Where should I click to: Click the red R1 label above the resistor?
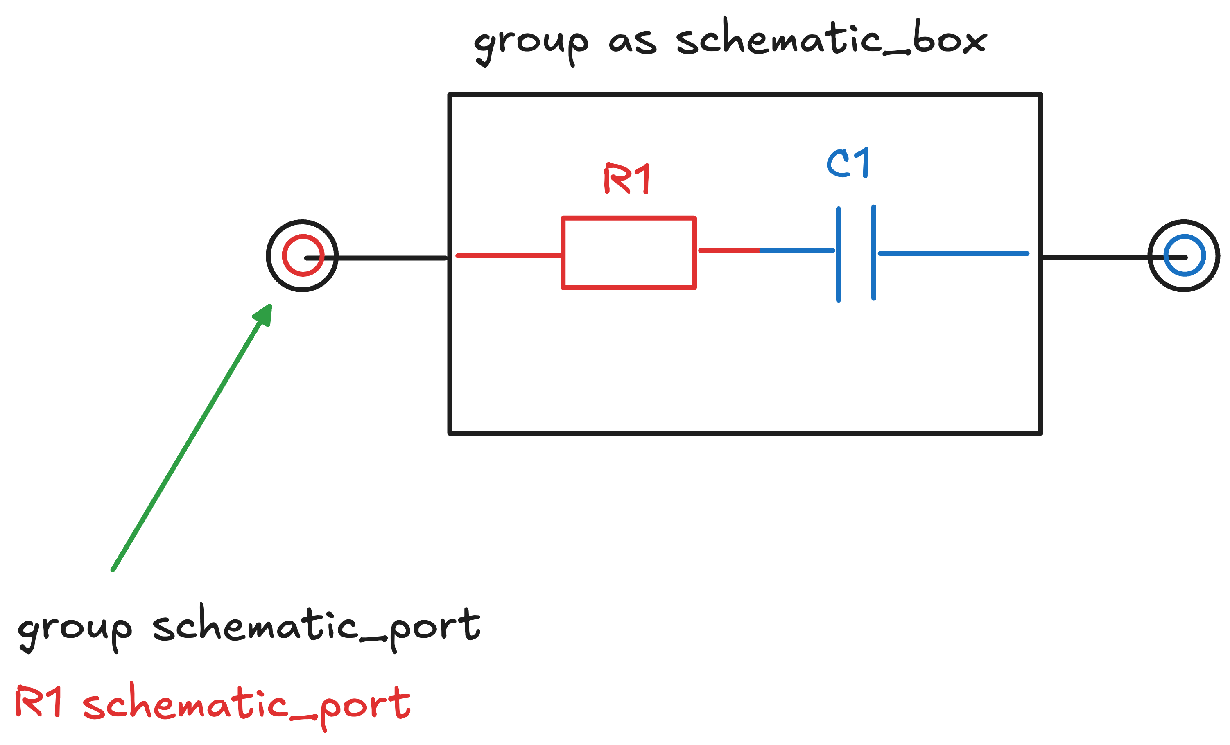(x=626, y=178)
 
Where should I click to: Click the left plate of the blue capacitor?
(x=838, y=255)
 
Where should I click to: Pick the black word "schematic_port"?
(x=316, y=627)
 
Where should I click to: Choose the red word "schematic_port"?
(x=246, y=704)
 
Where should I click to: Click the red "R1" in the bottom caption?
(x=39, y=702)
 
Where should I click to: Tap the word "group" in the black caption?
(x=75, y=630)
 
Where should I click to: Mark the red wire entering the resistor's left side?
(x=509, y=256)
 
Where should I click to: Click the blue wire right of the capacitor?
(x=954, y=253)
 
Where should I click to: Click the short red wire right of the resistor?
(x=729, y=251)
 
